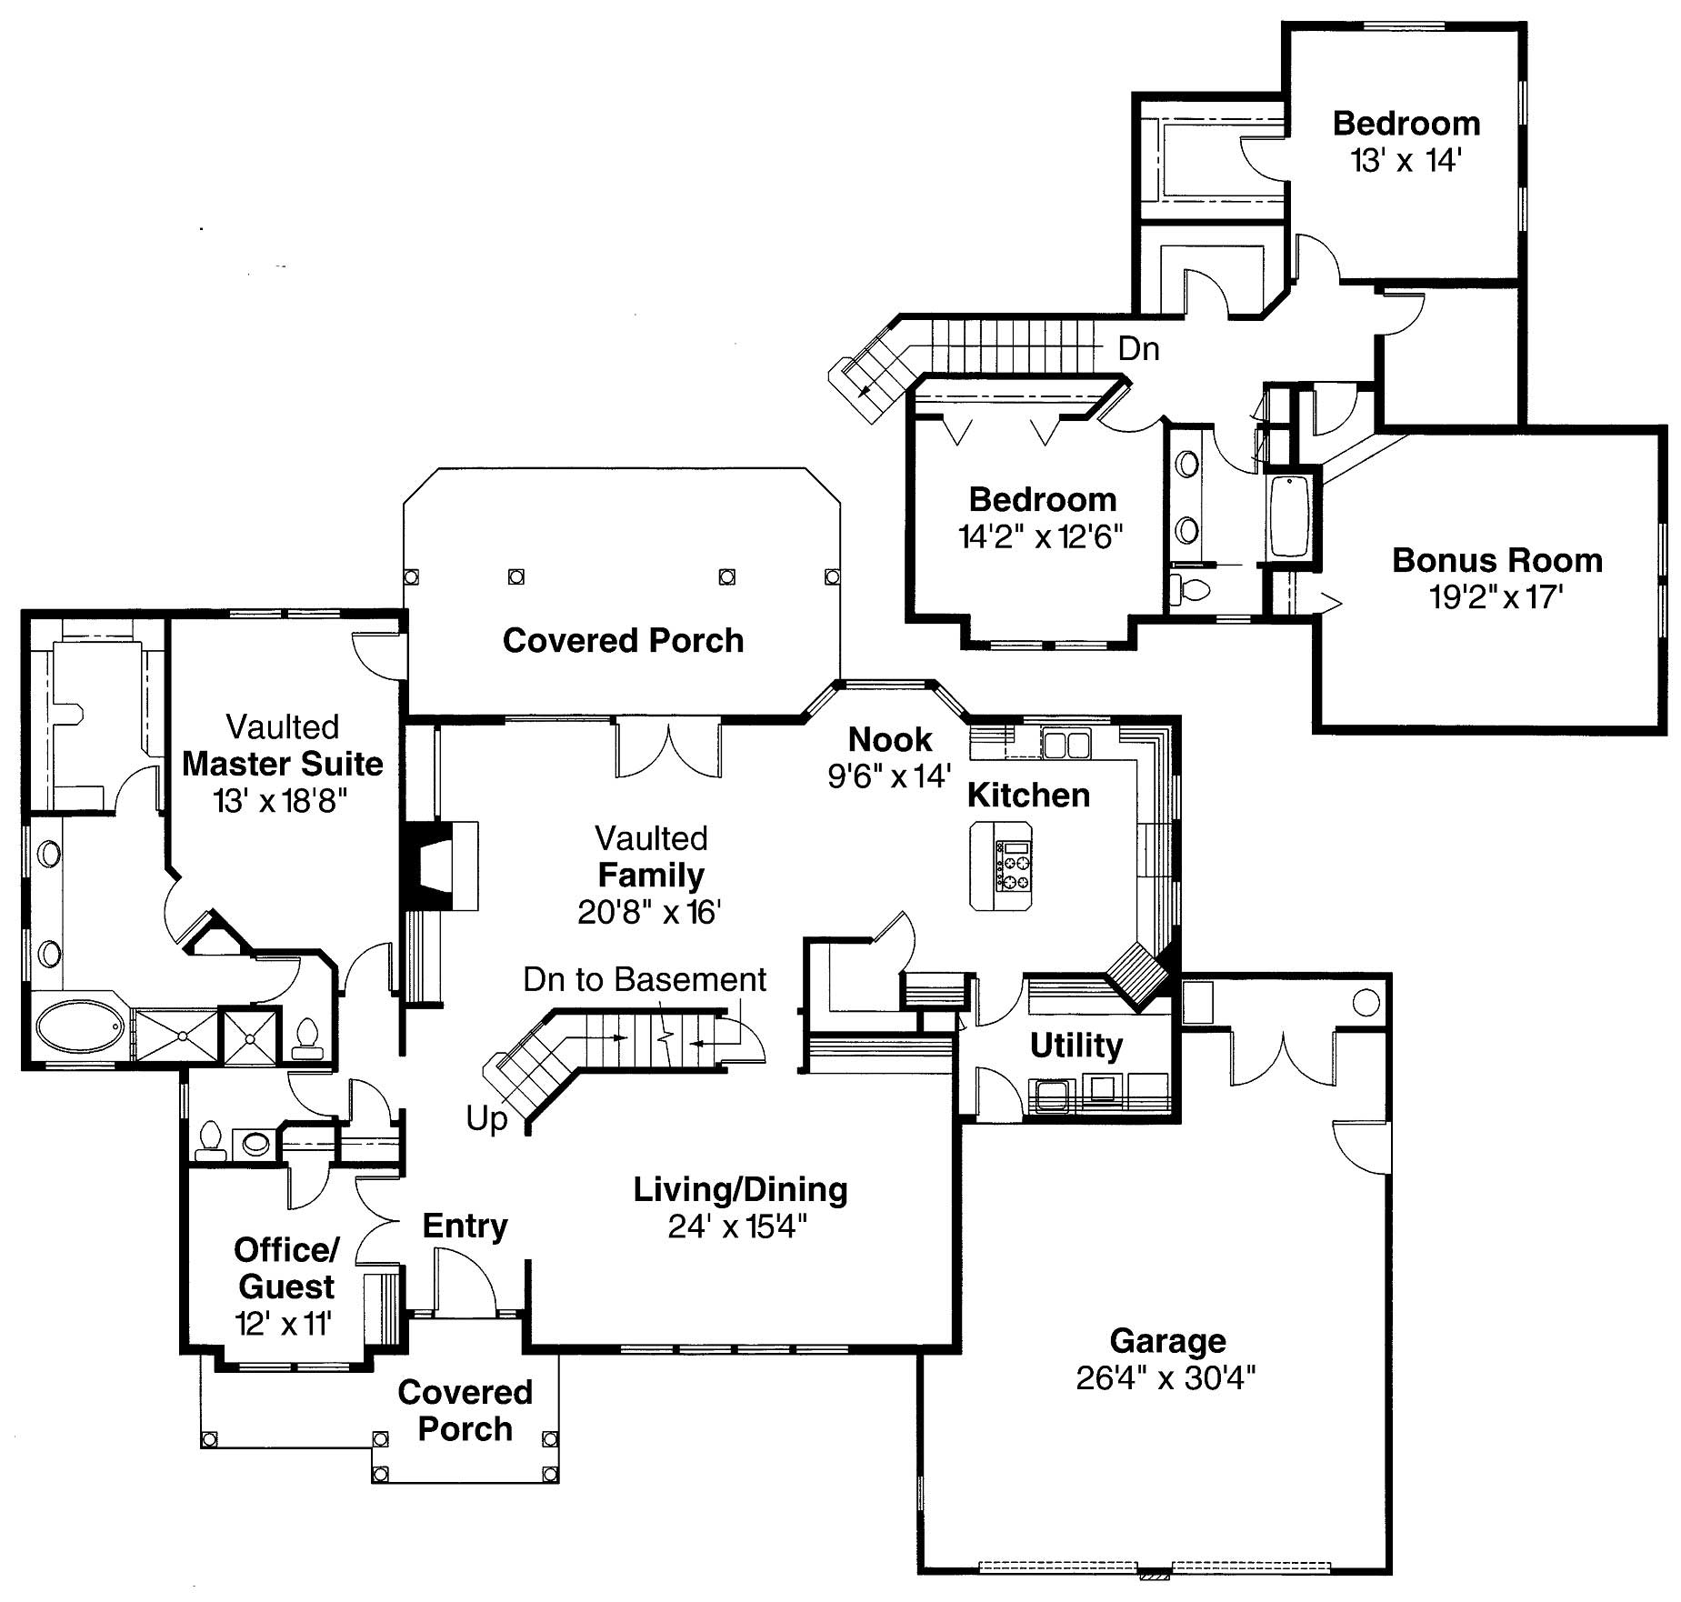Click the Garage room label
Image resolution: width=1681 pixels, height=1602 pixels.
click(1167, 1341)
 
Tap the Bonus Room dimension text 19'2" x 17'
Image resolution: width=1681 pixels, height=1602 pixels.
click(1496, 597)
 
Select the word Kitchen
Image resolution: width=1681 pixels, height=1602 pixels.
click(1028, 796)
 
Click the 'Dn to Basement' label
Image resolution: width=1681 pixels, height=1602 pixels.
click(645, 979)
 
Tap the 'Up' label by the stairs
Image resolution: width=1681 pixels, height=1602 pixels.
click(486, 1118)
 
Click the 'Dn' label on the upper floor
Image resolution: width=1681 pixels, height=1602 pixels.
click(1138, 348)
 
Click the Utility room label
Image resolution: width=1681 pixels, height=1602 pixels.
click(1076, 1046)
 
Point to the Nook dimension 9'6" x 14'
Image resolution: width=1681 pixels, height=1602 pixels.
click(889, 776)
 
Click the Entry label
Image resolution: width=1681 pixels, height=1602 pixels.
click(465, 1226)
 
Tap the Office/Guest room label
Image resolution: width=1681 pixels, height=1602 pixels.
click(286, 1268)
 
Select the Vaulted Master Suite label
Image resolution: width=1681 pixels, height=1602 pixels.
click(283, 764)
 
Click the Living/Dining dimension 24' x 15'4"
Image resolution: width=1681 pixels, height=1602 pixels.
click(737, 1227)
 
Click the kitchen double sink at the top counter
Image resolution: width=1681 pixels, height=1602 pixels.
click(1066, 745)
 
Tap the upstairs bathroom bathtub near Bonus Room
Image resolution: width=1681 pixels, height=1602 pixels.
click(1289, 516)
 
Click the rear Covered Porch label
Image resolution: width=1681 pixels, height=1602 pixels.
click(623, 641)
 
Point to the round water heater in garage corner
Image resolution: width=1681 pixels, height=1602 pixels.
click(1366, 1003)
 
